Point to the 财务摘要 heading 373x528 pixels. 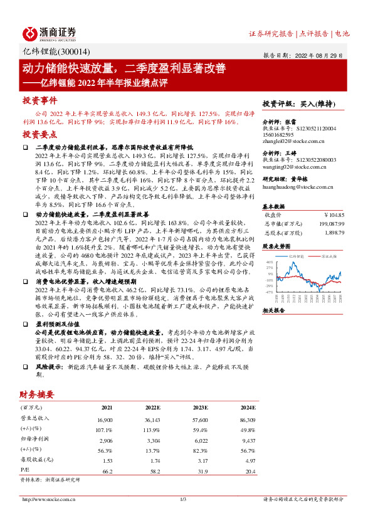[x=37, y=395]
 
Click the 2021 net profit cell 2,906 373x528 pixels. [x=105, y=441]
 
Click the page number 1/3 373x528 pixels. [x=184, y=499]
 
